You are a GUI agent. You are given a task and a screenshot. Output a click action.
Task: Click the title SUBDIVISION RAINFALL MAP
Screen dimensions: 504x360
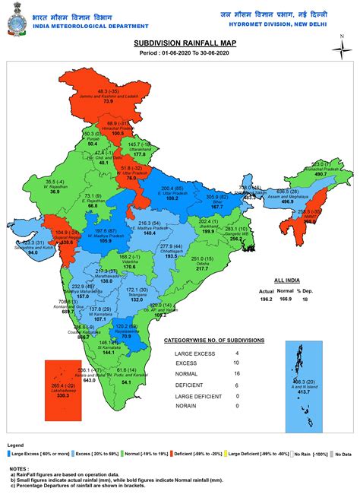pos(180,46)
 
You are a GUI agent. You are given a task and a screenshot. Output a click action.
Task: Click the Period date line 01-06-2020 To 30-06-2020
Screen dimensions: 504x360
pos(180,55)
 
